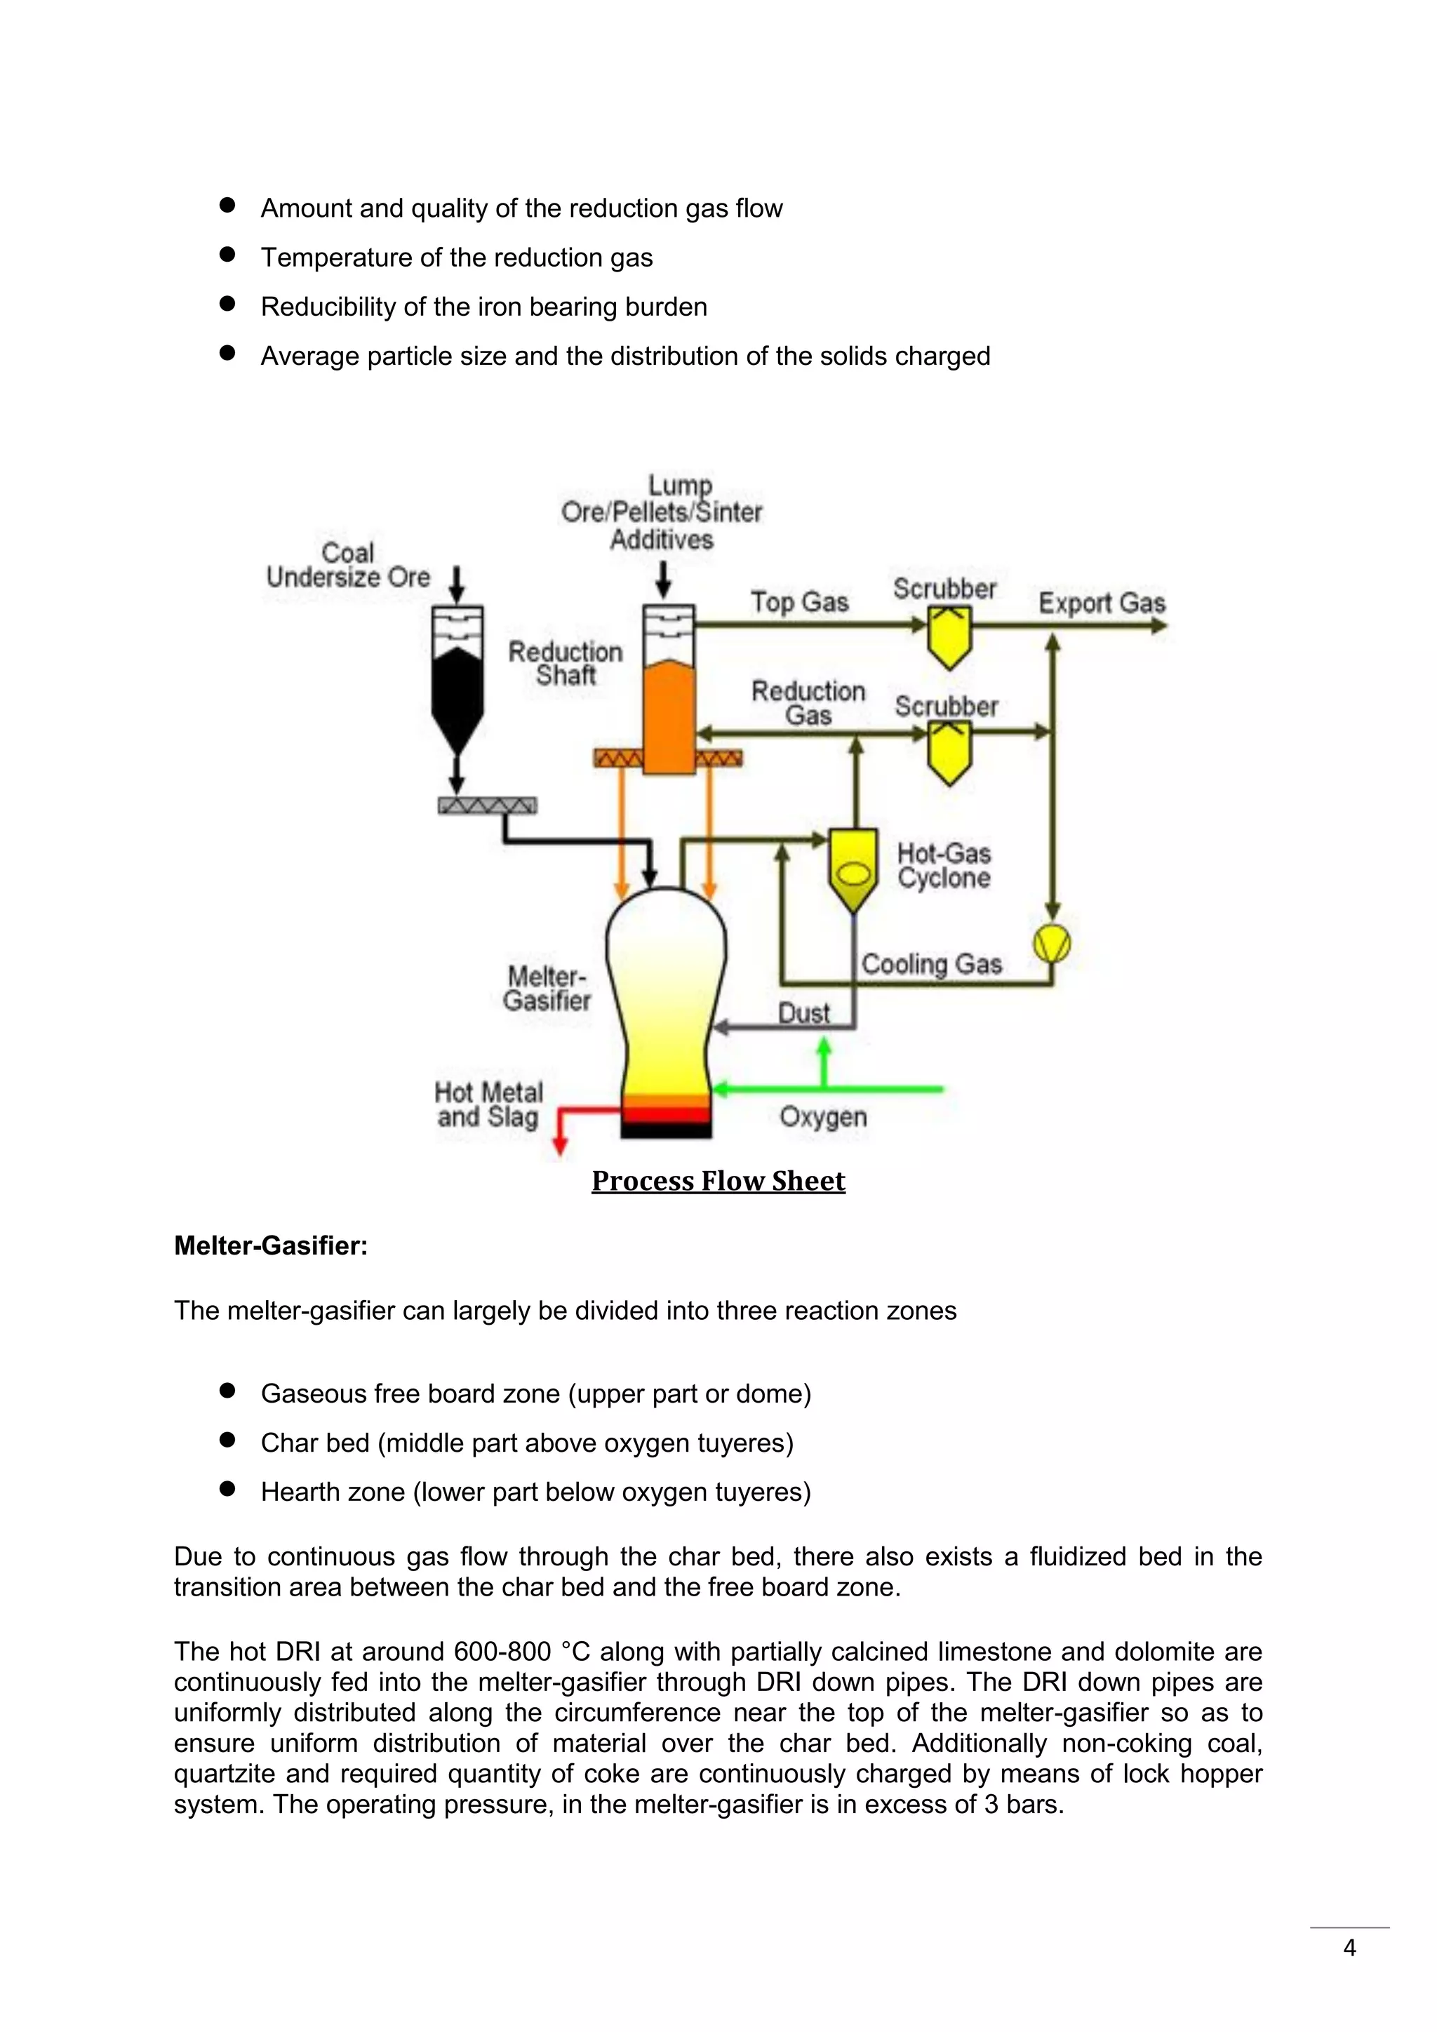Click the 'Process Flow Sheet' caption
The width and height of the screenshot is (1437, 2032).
click(x=718, y=1181)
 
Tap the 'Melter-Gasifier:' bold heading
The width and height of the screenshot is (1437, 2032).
click(x=270, y=1245)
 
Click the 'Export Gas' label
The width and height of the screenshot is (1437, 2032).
click(x=1101, y=603)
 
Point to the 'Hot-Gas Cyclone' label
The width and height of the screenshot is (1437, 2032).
click(x=943, y=866)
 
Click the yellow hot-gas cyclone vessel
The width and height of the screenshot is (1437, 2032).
click(x=853, y=867)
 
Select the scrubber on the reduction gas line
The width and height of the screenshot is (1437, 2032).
click(x=949, y=752)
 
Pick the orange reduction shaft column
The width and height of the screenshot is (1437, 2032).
click(x=668, y=717)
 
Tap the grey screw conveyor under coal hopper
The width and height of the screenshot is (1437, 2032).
click(x=488, y=806)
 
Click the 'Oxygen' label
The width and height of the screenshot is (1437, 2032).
click(x=823, y=1117)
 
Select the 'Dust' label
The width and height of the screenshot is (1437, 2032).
click(x=803, y=1012)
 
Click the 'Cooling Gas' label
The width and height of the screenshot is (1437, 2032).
click(x=931, y=964)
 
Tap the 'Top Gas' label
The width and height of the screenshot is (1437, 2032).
click(x=799, y=602)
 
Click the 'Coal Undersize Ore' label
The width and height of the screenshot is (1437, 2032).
click(x=348, y=566)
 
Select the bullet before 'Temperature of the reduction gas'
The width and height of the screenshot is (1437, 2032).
click(x=227, y=255)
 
